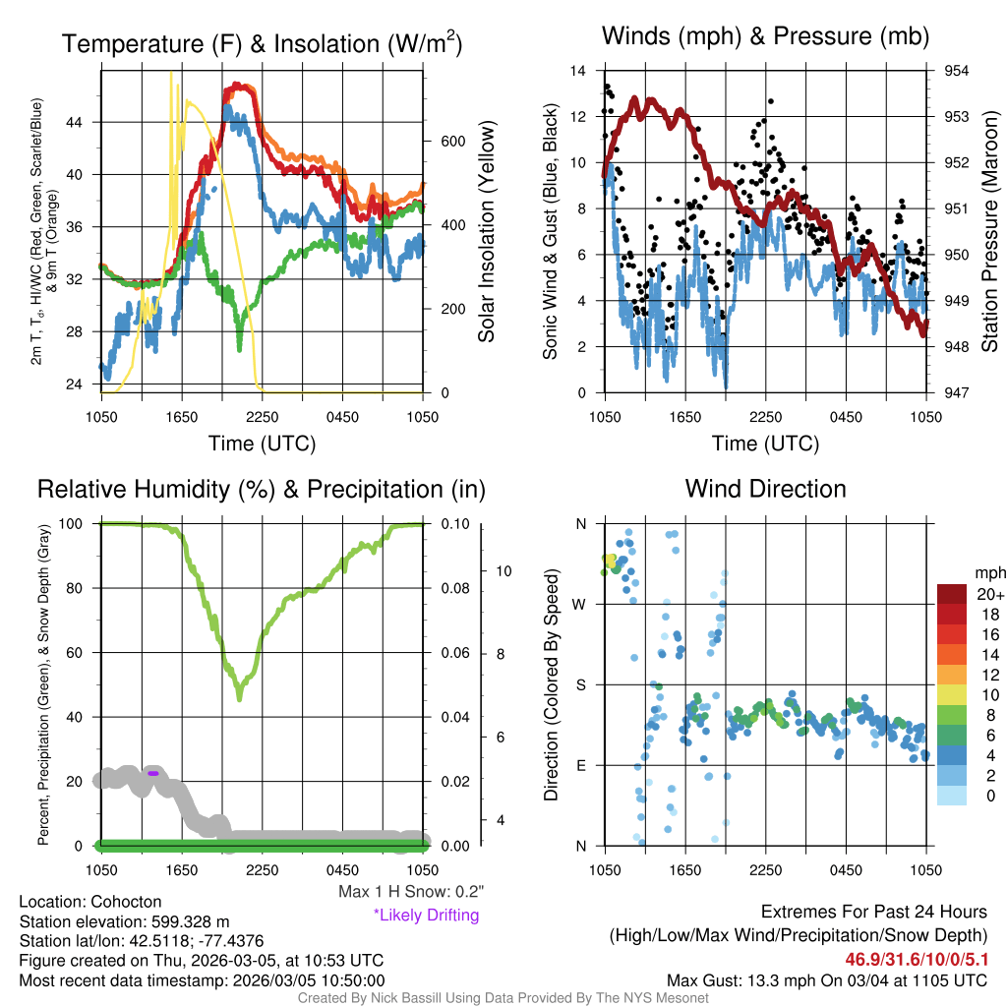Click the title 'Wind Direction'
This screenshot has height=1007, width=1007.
765,489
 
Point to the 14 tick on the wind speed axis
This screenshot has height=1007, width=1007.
577,71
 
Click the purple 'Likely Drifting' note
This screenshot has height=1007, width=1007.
426,916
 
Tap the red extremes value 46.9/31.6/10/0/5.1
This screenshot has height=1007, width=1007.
916,959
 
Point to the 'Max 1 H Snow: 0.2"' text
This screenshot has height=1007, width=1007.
410,893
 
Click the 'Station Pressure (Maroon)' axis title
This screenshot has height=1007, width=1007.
990,232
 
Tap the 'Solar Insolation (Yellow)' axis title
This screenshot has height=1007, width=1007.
486,232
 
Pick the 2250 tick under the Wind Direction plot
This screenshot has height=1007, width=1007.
764,870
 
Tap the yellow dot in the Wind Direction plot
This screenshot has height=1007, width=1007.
610,562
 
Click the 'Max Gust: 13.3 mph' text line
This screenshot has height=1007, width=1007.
827,980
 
